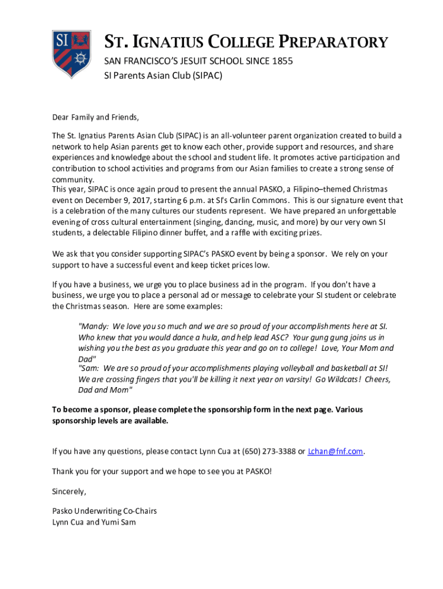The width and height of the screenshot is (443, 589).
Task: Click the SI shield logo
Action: click(71, 55)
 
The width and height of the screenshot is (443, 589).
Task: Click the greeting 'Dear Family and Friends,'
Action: click(96, 117)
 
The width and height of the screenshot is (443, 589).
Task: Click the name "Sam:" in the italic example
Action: click(89, 368)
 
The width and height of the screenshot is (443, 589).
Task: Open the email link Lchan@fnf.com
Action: click(336, 452)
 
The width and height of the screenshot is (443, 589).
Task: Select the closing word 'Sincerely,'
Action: click(69, 492)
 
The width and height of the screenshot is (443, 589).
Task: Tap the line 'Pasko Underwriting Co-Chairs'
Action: click(104, 511)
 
